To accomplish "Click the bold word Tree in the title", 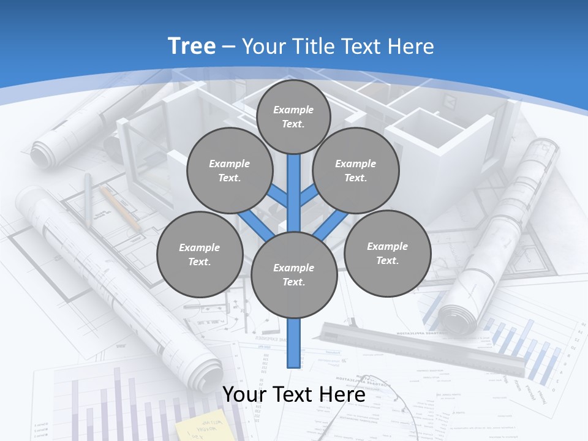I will point(192,46).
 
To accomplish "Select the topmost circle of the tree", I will point(293,116).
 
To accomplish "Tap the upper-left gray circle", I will point(230,170).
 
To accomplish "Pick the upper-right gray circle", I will point(356,170).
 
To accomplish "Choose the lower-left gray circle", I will point(200,254).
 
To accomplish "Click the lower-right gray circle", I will point(387,253).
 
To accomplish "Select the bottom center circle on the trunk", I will point(294,275).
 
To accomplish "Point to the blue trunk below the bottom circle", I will point(294,343).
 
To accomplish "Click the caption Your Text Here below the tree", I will point(294,394).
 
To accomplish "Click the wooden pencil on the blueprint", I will point(120,208).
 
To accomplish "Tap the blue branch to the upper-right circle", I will point(309,195).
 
